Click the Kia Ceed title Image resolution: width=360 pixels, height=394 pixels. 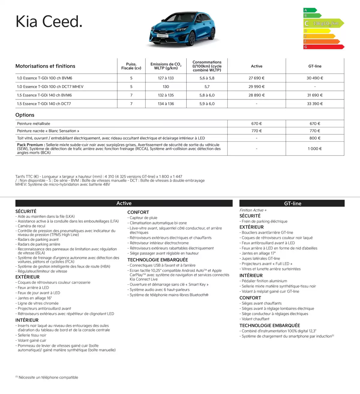[x=49, y=22]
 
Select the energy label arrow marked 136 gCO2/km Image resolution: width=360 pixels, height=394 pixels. [x=323, y=23]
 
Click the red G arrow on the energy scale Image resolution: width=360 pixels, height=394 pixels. [x=323, y=47]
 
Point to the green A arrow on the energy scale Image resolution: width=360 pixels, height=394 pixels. [x=310, y=10]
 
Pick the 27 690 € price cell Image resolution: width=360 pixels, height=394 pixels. [x=256, y=78]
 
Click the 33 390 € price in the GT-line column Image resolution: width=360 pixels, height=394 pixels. [x=315, y=104]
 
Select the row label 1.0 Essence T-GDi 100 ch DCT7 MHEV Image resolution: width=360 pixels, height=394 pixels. [x=50, y=87]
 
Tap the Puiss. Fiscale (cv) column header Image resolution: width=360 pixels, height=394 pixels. [x=131, y=66]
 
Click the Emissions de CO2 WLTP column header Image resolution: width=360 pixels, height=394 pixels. [x=166, y=66]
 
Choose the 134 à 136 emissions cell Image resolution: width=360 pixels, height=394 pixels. [x=166, y=104]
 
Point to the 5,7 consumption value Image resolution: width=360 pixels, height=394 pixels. [x=207, y=87]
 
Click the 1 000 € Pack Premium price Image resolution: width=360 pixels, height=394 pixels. [x=315, y=149]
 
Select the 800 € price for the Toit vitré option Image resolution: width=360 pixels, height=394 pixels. [x=315, y=138]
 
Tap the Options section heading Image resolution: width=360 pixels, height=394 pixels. [x=25, y=115]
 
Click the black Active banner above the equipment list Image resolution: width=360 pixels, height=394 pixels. [x=124, y=203]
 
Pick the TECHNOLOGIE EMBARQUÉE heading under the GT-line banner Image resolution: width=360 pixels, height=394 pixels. [x=269, y=325]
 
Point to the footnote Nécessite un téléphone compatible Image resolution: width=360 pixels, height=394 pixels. [x=48, y=378]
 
